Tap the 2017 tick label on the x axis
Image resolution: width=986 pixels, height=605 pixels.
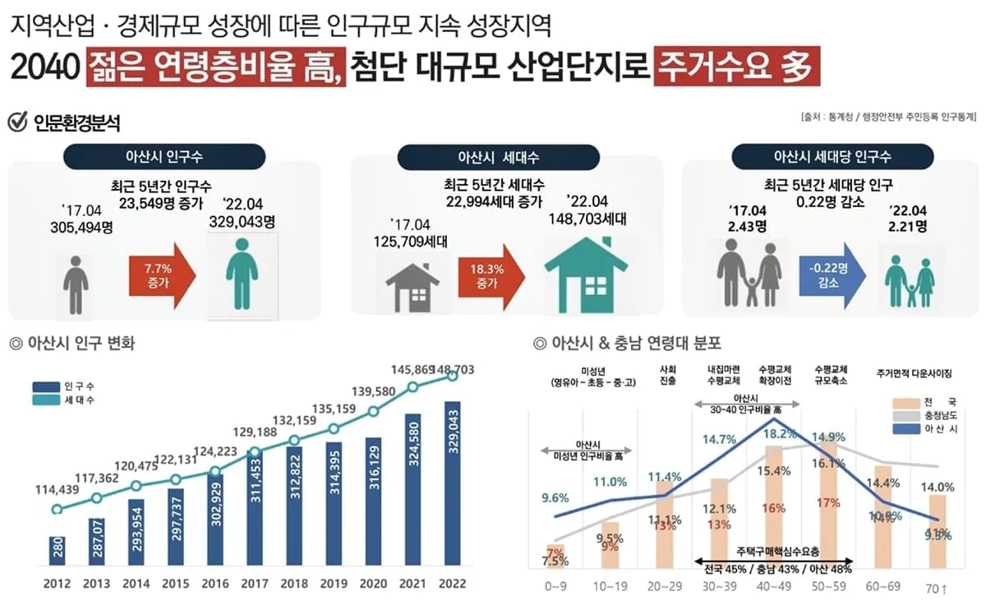pos(254,585)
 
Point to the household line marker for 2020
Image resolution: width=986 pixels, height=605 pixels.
pos(374,411)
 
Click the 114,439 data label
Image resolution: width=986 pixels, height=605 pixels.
pos(58,491)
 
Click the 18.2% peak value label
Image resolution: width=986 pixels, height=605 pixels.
pos(780,434)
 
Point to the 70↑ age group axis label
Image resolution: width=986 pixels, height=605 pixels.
pos(938,587)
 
